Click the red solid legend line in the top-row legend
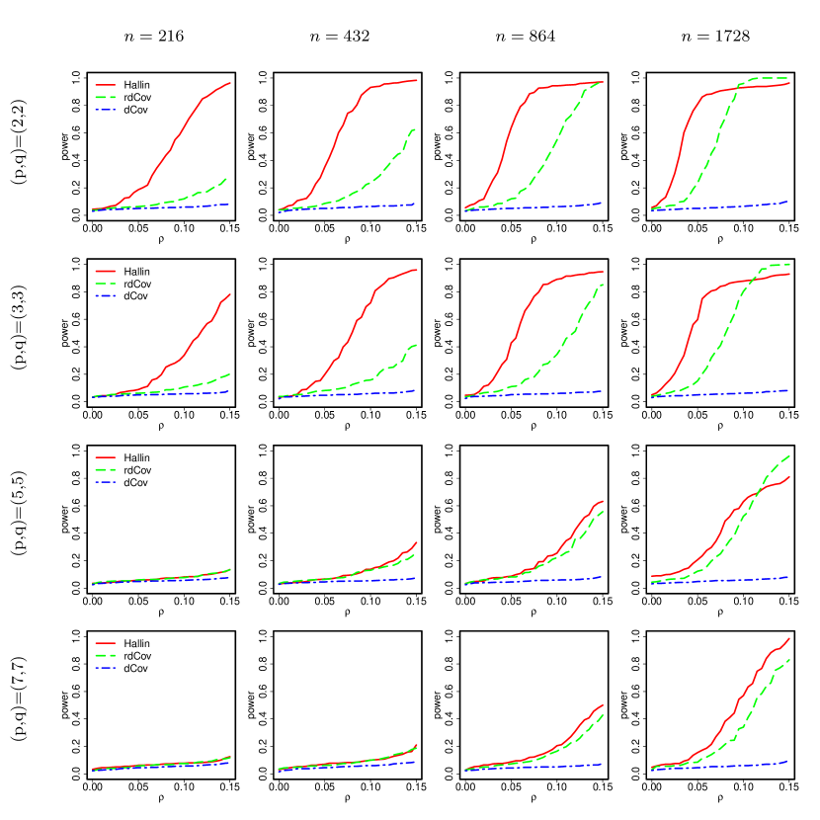point(105,85)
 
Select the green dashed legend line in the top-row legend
point(105,97)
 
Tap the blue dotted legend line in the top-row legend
point(105,110)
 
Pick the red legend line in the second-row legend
point(105,270)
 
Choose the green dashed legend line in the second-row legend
point(105,283)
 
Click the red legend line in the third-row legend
point(105,457)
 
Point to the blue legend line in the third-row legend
point(105,482)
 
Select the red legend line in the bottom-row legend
point(105,642)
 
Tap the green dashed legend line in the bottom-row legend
point(105,655)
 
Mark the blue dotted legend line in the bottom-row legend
point(105,668)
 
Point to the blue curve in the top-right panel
point(731,205)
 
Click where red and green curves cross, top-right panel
point(737,88)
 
